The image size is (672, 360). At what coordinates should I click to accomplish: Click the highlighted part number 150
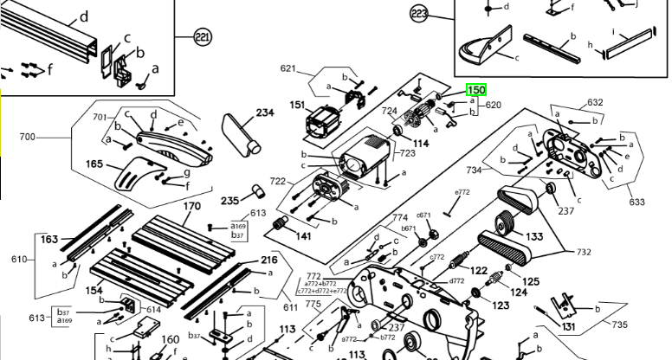(476, 90)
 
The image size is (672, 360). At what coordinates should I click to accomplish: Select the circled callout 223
(420, 14)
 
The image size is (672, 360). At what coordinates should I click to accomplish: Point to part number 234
(264, 112)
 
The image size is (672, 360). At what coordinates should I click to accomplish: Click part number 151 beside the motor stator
(298, 106)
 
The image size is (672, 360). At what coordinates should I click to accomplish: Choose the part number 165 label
(94, 164)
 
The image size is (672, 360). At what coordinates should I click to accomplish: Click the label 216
(269, 260)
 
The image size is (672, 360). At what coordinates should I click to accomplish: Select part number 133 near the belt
(534, 236)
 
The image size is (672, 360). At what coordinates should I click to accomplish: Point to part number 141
(304, 236)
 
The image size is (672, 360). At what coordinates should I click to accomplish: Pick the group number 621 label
(288, 68)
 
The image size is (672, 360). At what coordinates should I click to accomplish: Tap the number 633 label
(636, 202)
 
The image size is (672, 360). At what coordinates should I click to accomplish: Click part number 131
(568, 326)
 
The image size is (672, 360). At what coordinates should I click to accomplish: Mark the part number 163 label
(49, 239)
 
